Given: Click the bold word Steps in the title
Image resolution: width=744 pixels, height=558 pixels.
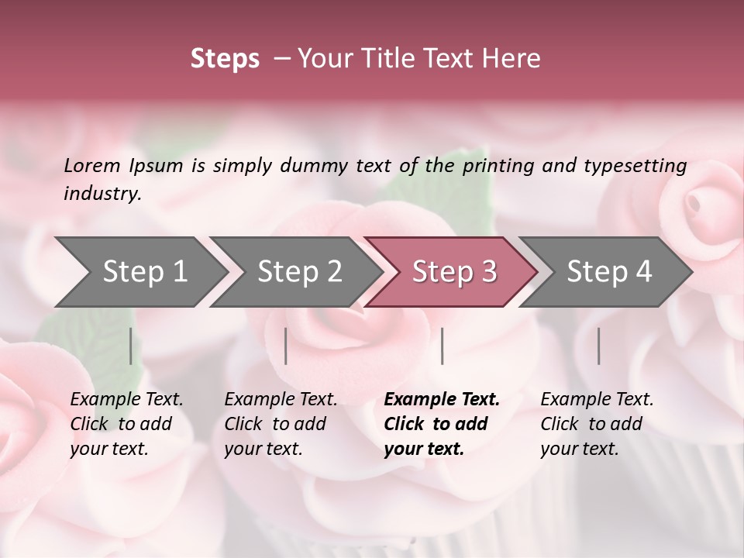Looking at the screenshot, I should point(225,59).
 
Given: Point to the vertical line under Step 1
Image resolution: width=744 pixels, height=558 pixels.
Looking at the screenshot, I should point(131,346).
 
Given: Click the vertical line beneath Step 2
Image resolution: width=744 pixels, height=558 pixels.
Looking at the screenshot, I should point(286,346).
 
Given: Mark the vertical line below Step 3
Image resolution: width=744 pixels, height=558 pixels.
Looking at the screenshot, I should point(442,346).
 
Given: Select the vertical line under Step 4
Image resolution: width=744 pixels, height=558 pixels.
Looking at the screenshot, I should point(599,346).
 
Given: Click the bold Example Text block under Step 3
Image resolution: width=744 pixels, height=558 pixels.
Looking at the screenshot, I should point(442,424).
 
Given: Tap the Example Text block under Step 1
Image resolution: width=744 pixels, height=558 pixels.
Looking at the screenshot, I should point(126,424).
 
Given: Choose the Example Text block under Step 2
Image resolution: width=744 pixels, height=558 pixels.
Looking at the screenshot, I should point(281,424).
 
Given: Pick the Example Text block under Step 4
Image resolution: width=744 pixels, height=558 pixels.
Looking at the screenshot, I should point(597,424).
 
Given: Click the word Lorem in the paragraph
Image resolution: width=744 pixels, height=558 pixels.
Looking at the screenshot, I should point(92,166).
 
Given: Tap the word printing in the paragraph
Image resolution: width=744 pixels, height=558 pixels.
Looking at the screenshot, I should point(500,166).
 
